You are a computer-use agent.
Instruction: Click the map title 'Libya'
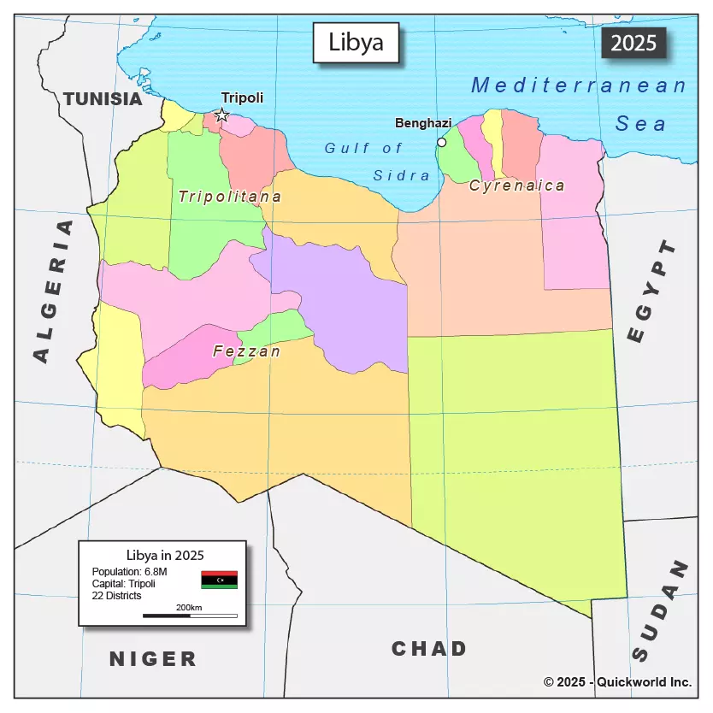coord(356,43)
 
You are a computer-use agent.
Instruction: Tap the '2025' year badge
coord(633,43)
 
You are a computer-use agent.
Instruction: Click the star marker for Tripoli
coord(221,115)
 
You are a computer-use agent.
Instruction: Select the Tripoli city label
coord(242,98)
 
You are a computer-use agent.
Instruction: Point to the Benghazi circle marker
coord(441,142)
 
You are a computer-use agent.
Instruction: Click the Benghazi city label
coord(423,123)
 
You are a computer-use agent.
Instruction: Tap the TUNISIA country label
coord(103,98)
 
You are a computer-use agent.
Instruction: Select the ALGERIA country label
coord(52,291)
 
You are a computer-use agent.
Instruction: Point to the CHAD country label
coord(429,649)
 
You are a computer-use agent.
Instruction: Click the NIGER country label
coord(153,659)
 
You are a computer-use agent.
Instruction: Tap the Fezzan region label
coord(246,351)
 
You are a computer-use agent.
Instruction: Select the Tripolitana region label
coord(229,197)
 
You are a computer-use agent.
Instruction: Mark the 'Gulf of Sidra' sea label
coord(376,162)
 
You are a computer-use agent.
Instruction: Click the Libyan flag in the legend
coord(219,580)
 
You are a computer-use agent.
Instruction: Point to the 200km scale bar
coord(190,615)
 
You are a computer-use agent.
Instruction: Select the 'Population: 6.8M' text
coord(129,571)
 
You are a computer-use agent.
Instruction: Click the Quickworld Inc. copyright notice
coord(617,682)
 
